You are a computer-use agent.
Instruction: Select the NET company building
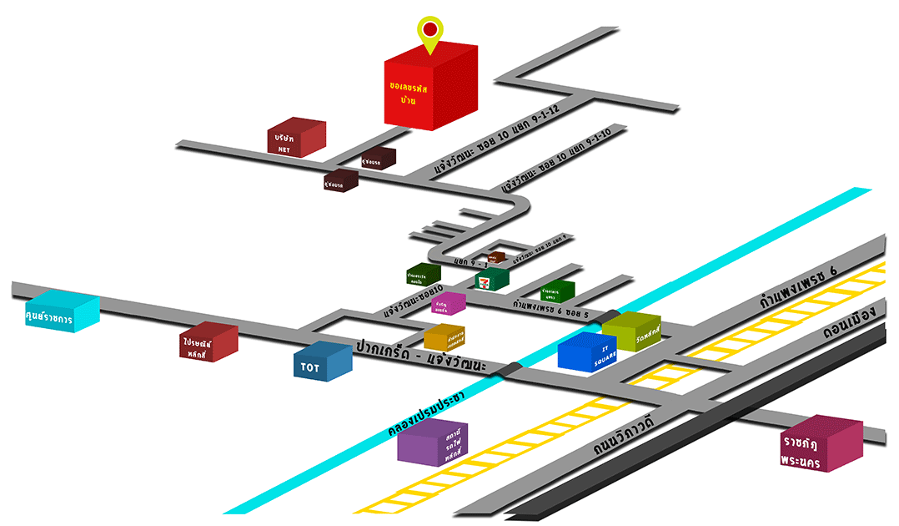(x=295, y=139)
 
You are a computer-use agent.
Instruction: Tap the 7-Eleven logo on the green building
(x=483, y=281)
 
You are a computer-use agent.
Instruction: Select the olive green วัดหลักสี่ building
(x=632, y=332)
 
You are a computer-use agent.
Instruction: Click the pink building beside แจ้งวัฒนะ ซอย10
(x=449, y=304)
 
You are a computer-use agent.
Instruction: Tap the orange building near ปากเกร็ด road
(x=444, y=336)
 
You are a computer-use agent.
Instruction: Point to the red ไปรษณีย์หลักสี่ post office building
(x=208, y=341)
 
